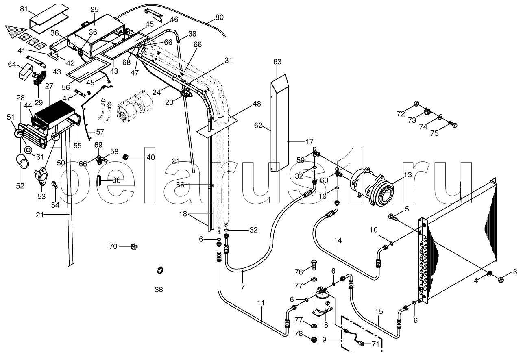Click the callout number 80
click(219, 17)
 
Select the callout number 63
click(277, 62)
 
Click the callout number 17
click(309, 141)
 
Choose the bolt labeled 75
click(452, 125)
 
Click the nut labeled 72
click(416, 103)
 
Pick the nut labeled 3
click(500, 279)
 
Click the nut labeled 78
click(314, 339)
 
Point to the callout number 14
click(338, 240)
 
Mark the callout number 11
click(261, 303)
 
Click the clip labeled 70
click(134, 246)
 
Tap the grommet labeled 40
click(126, 157)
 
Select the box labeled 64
click(26, 72)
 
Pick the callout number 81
click(24, 9)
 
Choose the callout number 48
click(257, 104)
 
